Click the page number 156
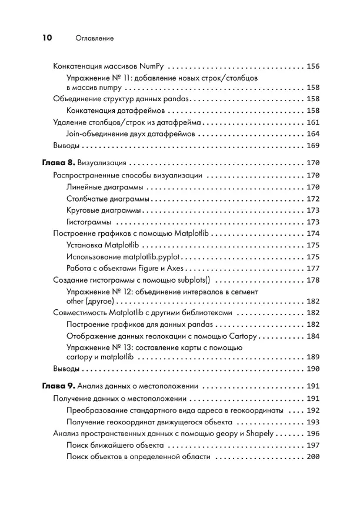(x=313, y=66)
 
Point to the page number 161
(x=313, y=122)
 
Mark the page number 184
(x=313, y=337)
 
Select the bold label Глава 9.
(x=58, y=387)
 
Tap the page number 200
(x=313, y=457)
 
